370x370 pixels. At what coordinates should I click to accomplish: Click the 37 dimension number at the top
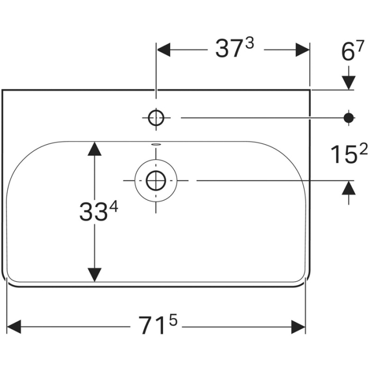click(228, 50)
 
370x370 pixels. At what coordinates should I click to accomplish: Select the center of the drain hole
click(156, 180)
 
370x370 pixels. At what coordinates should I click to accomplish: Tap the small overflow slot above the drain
click(156, 144)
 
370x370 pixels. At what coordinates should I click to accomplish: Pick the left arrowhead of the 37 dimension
click(163, 50)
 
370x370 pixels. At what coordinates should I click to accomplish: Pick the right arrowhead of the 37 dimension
click(302, 50)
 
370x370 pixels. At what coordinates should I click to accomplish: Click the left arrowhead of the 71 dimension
click(14, 326)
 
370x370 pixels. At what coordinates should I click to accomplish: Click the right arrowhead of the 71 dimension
click(299, 326)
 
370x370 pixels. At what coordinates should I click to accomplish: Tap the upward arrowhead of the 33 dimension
click(94, 149)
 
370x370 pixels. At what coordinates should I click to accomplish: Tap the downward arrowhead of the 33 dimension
click(94, 274)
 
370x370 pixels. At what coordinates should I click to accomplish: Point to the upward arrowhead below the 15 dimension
click(348, 187)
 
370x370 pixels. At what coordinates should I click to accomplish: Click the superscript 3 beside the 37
click(250, 45)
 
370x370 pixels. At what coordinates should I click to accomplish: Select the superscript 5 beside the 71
click(173, 320)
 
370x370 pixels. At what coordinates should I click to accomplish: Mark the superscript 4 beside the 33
click(114, 208)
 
